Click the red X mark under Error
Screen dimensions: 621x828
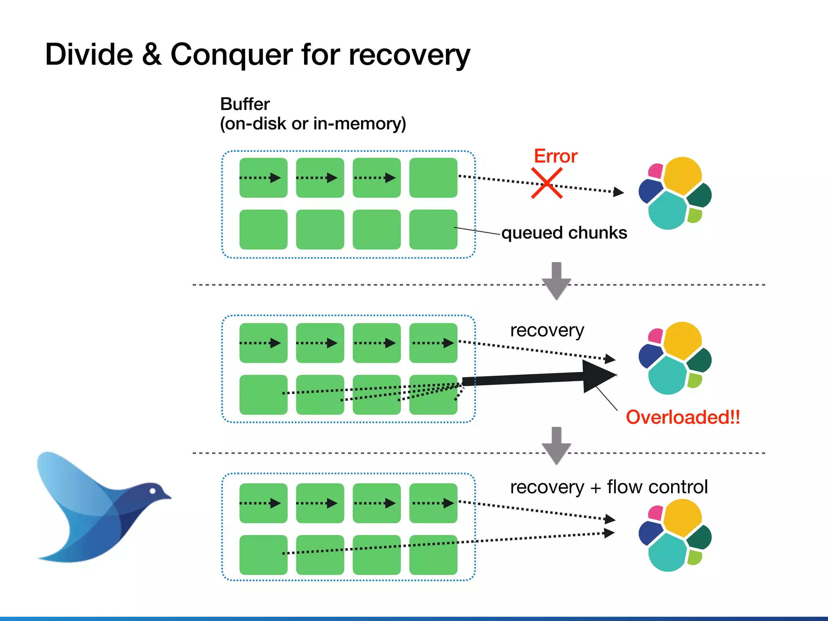click(547, 184)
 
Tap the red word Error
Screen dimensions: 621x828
click(556, 156)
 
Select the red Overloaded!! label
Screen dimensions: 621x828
click(683, 417)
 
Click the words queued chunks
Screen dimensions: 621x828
click(564, 233)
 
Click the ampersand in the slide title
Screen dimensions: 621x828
click(152, 55)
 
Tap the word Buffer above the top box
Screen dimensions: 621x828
click(245, 104)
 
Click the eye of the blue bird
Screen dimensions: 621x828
click(153, 491)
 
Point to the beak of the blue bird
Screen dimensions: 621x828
click(167, 496)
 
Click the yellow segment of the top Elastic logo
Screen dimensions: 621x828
click(682, 175)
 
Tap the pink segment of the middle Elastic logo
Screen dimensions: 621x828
click(655, 336)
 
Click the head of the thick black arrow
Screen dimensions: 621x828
click(598, 376)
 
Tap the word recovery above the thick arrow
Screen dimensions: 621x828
click(547, 331)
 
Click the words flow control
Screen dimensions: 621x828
click(657, 487)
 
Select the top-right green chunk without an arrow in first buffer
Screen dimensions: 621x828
click(433, 178)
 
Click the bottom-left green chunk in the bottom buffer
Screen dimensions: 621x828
click(263, 555)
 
